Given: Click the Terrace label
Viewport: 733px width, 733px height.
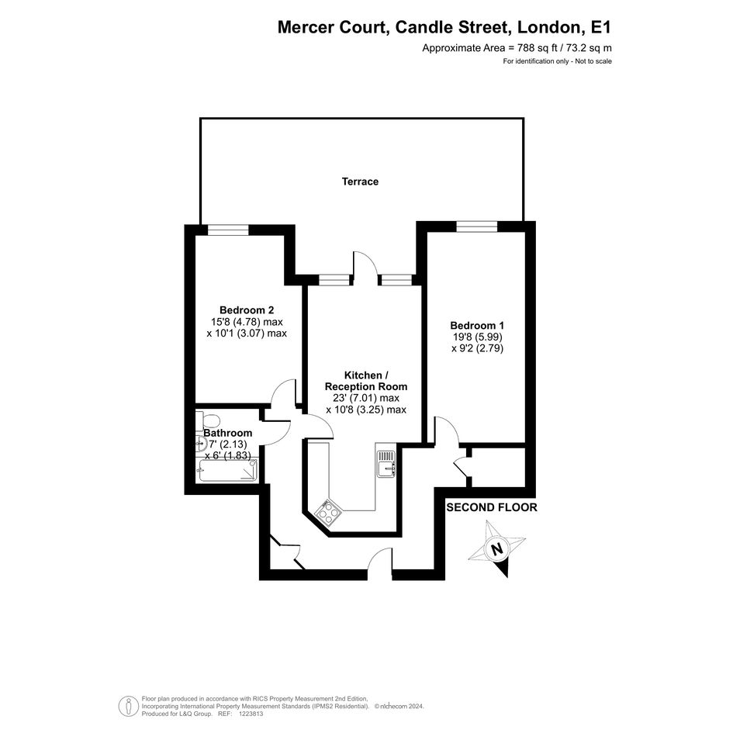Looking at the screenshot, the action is [x=360, y=182].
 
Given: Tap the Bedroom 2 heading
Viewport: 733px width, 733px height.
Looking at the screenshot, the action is [x=247, y=310].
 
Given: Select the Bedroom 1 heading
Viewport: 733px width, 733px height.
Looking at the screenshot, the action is [x=477, y=325].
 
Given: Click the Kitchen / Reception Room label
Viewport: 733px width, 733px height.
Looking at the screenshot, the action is [x=366, y=381].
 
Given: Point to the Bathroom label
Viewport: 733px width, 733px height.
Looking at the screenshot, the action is [x=228, y=434].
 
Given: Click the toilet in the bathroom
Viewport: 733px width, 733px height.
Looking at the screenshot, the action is [x=207, y=420].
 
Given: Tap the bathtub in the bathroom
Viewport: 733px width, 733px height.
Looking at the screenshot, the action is [x=228, y=470].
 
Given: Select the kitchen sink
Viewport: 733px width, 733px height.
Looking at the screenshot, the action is [x=386, y=464].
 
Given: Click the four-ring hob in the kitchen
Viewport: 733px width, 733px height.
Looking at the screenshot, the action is [x=328, y=511].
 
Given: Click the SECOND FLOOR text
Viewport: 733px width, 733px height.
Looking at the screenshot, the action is [x=492, y=507].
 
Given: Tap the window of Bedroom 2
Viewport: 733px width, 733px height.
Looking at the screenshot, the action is [x=228, y=230].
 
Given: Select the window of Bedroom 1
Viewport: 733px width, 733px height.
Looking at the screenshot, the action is [x=477, y=226].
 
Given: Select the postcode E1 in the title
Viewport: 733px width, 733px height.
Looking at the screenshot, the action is [x=601, y=27].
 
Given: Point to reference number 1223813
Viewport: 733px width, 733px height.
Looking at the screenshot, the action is [x=251, y=714].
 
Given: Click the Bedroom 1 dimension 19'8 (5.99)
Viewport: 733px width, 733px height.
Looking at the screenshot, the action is [x=477, y=337].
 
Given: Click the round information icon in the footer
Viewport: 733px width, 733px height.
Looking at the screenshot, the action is [x=127, y=706].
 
